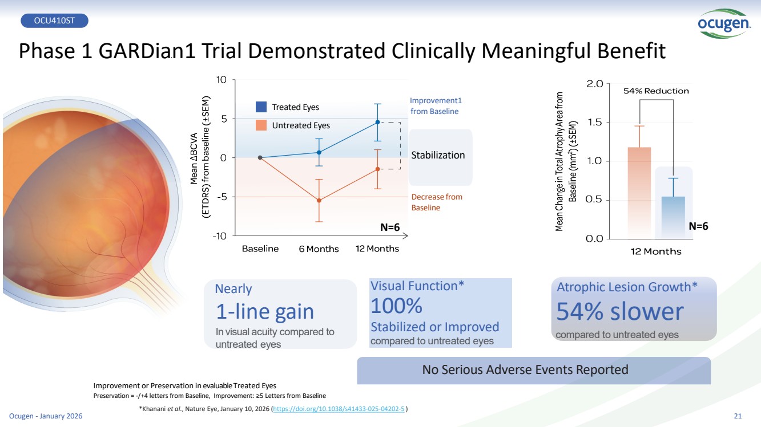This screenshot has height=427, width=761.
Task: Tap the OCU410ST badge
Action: pos(54,21)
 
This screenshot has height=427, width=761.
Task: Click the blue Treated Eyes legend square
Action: pos(261,107)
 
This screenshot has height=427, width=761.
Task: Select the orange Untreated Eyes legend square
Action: pos(261,125)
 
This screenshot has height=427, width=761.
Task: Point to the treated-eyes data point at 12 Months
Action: pos(377,122)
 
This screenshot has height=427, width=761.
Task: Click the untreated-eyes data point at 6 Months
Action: pos(319,200)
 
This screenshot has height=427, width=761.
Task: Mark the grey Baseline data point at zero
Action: pos(260,157)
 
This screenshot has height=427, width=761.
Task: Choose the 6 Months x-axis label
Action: pos(319,249)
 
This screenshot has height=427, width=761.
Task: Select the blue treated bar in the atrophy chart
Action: pos(673,217)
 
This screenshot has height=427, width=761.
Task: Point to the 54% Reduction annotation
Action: pos(656,91)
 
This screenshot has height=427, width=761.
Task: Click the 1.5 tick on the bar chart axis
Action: pos(595,123)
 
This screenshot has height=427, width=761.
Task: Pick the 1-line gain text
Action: pos(265,312)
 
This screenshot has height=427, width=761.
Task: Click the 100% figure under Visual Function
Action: pos(396,307)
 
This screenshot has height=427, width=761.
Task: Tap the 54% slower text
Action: pos(619,311)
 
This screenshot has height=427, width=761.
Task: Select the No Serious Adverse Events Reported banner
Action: pos(525,369)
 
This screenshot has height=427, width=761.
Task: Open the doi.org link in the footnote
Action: pos(340,409)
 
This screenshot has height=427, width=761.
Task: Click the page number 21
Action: pos(736,416)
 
